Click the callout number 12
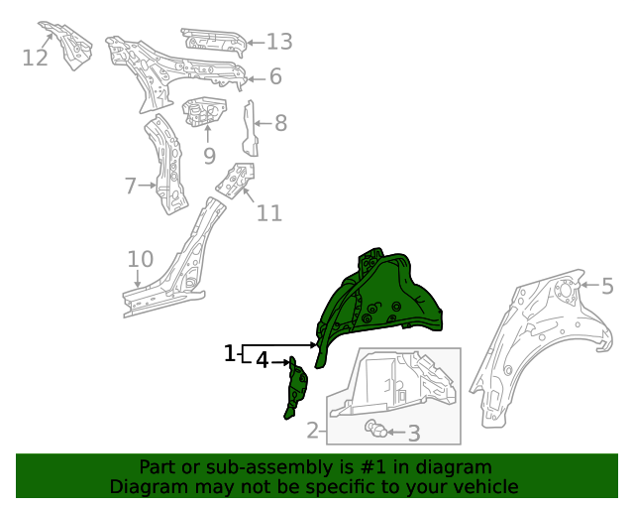36,58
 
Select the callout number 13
279,42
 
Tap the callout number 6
275,76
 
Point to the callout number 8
281,123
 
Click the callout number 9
209,156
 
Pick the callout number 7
130,186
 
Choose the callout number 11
269,213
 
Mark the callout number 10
141,259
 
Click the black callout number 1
229,353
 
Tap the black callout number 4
263,360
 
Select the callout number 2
313,431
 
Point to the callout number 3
414,434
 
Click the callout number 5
607,286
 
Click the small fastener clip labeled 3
376,430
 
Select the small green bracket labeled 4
296,388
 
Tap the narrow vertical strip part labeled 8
250,129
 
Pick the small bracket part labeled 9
204,110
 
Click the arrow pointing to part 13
256,43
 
